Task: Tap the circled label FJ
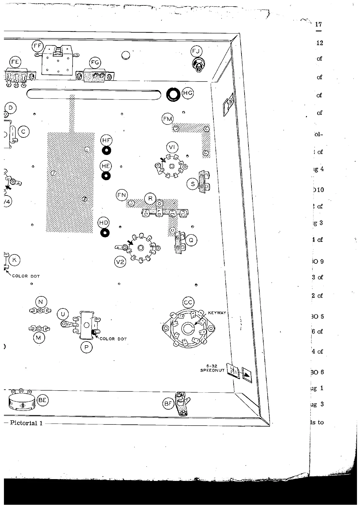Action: (x=196, y=51)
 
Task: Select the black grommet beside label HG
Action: (x=174, y=95)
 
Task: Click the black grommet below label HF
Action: (x=106, y=150)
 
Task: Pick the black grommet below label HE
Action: (x=106, y=176)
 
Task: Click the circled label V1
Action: (x=172, y=147)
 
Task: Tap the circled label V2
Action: (x=121, y=262)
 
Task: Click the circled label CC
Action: (x=188, y=303)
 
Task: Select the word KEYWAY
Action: (x=217, y=313)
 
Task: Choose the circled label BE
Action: (x=42, y=400)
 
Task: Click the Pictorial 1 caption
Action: (x=26, y=423)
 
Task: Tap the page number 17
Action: (x=318, y=24)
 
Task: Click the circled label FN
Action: (x=122, y=195)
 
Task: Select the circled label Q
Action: (x=191, y=240)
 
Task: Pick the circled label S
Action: (x=193, y=184)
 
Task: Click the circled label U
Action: (x=63, y=314)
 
